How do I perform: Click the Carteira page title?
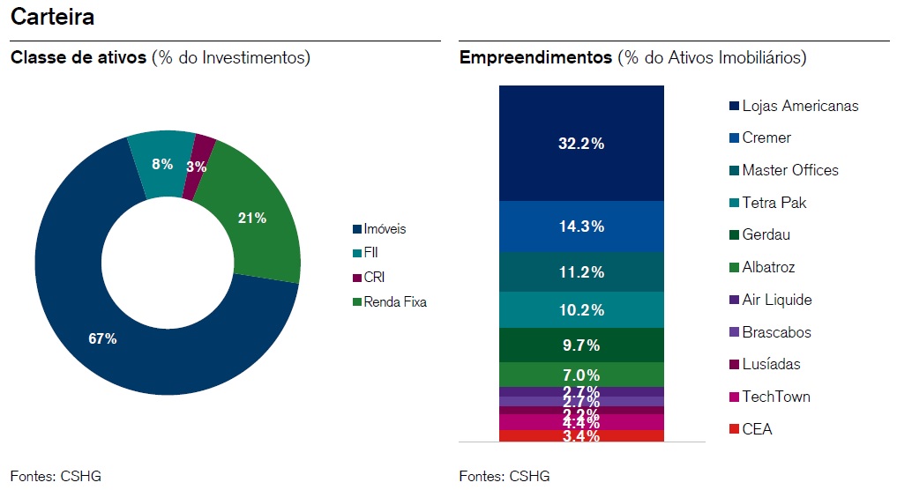point(53,17)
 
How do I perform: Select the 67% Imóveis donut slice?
point(103,338)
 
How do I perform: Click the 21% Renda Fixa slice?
point(251,219)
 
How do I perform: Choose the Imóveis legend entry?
point(379,229)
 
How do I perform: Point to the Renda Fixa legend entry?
point(389,302)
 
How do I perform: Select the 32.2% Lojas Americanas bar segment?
point(580,143)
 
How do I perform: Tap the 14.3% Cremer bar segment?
point(580,226)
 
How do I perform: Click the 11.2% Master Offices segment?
point(580,272)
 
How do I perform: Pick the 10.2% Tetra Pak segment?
point(580,309)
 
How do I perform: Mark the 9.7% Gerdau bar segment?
point(580,345)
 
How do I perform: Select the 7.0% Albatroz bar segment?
point(580,375)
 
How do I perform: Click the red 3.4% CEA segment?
point(580,435)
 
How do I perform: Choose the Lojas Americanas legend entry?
point(794,106)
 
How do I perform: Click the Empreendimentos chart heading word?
point(535,58)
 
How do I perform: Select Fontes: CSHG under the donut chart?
point(56,476)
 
